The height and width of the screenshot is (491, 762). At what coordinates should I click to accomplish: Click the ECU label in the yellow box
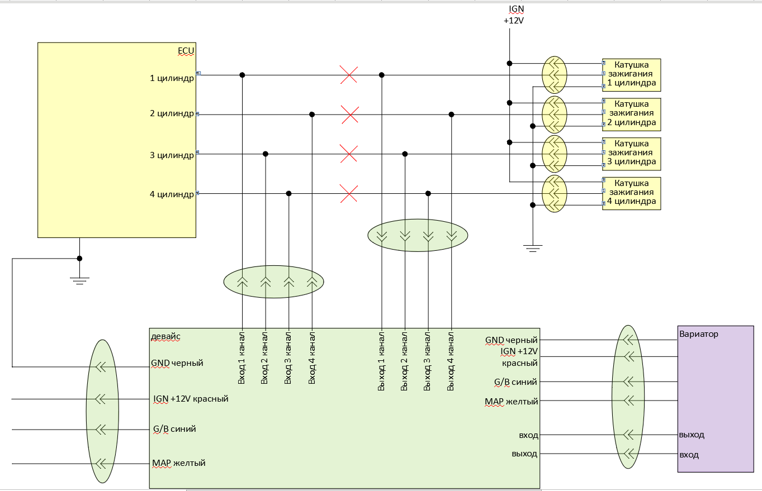(x=186, y=51)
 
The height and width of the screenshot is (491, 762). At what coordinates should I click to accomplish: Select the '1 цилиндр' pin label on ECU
(x=172, y=78)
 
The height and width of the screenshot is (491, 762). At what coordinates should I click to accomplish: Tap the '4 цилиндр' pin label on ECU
(x=172, y=194)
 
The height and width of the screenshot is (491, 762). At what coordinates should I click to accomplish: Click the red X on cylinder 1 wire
(x=349, y=75)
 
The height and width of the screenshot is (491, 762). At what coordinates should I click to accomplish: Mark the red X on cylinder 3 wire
(x=349, y=154)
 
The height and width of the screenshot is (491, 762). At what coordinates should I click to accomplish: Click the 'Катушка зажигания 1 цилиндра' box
(x=631, y=74)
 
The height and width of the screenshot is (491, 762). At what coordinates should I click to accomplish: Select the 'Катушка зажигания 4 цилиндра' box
(x=631, y=193)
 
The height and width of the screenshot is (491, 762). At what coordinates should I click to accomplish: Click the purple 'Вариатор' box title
(x=699, y=334)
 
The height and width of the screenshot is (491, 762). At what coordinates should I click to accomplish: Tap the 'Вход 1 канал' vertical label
(x=242, y=358)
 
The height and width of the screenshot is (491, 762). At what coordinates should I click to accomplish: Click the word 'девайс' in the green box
(x=165, y=336)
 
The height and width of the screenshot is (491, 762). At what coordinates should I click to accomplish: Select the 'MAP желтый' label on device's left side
(x=179, y=463)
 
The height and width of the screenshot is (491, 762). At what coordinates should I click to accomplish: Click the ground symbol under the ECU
(x=79, y=280)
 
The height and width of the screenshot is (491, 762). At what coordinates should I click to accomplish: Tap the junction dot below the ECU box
(x=79, y=259)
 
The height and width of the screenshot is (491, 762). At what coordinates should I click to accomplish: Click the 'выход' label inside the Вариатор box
(x=692, y=435)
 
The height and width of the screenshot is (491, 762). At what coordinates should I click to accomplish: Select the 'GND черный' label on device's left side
(x=177, y=363)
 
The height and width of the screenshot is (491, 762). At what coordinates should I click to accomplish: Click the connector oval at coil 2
(x=554, y=113)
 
